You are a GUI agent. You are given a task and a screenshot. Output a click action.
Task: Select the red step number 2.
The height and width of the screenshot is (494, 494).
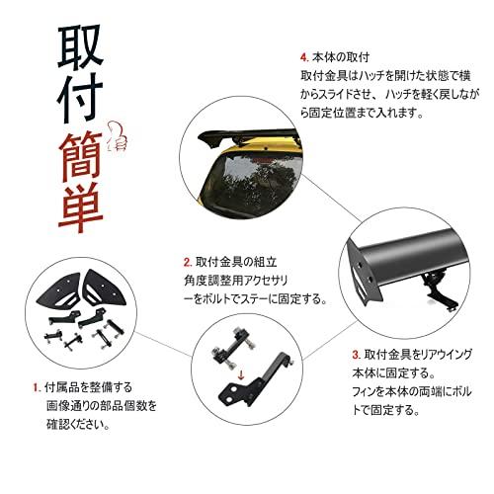tap(187, 264)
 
